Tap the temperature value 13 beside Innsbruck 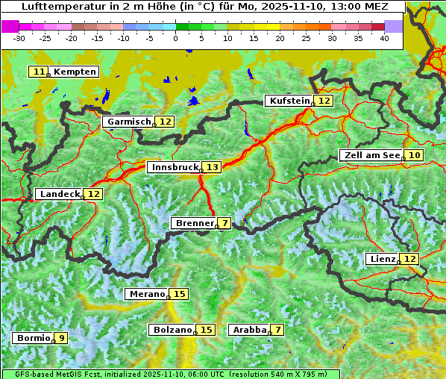pyautogui.click(x=213, y=168)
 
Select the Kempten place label pyautogui.click(x=75, y=72)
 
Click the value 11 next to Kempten pyautogui.click(x=39, y=72)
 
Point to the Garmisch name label pyautogui.click(x=129, y=122)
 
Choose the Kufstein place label pyautogui.click(x=289, y=101)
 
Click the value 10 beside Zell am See pyautogui.click(x=415, y=155)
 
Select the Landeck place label pyautogui.click(x=59, y=194)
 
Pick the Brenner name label pyautogui.click(x=194, y=223)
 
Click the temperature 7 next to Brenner pyautogui.click(x=224, y=223)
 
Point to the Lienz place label pyautogui.click(x=381, y=259)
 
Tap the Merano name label pyautogui.click(x=146, y=294)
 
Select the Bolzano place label pyautogui.click(x=172, y=330)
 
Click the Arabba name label pyautogui.click(x=249, y=330)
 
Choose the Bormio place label pyautogui.click(x=33, y=338)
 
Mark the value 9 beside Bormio pyautogui.click(x=60, y=338)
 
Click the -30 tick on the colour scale pyautogui.click(x=19, y=38)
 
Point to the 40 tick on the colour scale pyautogui.click(x=384, y=38)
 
